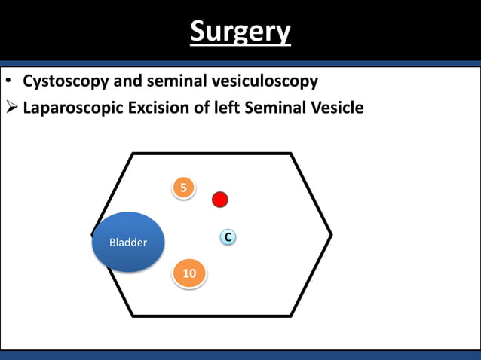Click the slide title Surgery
(240, 32)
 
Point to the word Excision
(158, 108)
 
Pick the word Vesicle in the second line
(335, 108)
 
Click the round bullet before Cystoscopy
(8, 81)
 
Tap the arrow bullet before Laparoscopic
(11, 108)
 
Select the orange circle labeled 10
(189, 273)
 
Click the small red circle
(219, 200)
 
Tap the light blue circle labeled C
(228, 238)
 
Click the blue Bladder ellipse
(128, 242)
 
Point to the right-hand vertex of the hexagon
(330, 234)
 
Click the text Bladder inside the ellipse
(128, 243)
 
